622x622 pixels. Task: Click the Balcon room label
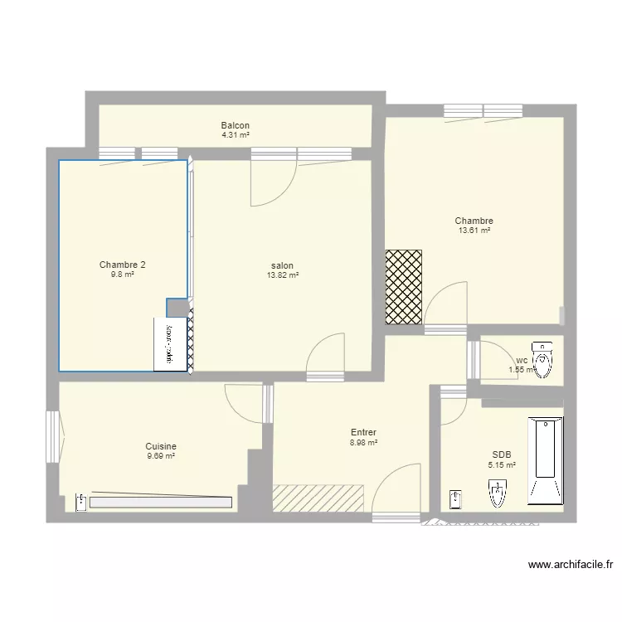point(236,125)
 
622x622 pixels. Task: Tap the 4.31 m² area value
point(236,134)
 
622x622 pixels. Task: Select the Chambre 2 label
point(123,265)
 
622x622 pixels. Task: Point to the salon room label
point(283,266)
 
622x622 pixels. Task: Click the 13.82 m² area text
point(283,275)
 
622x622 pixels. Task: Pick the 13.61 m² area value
point(474,231)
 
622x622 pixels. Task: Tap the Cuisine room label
point(161,446)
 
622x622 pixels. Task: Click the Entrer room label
point(363,433)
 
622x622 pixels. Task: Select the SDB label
point(502,454)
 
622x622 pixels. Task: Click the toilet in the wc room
point(543,359)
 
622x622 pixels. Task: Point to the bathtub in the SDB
point(545,462)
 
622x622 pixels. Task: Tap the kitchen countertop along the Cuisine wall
point(160,502)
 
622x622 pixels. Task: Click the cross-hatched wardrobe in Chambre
point(404,286)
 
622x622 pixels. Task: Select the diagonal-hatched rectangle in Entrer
point(319,497)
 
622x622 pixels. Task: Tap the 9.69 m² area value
point(161,455)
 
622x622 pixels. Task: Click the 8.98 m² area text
point(363,443)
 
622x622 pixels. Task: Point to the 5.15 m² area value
point(502,464)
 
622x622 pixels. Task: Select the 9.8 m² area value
point(123,275)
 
